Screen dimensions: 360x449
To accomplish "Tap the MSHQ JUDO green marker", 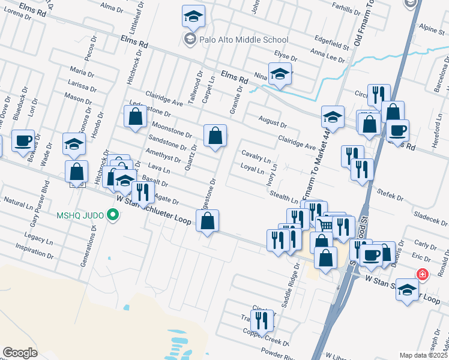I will tap(112, 214).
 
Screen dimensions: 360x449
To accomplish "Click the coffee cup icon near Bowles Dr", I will tap(23, 141).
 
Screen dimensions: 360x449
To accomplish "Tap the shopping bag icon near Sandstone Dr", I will tap(215, 136).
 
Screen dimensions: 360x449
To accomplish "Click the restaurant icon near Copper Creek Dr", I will tap(262, 321).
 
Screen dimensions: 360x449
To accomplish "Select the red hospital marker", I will tap(423, 274).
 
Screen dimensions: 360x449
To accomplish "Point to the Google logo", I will tap(20, 352).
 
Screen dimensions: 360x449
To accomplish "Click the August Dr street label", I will tap(273, 122).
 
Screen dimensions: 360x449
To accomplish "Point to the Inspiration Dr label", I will tap(35, 251).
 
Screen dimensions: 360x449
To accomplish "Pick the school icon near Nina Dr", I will tap(280, 74).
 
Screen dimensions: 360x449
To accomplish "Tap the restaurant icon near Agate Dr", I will tap(142, 192).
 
